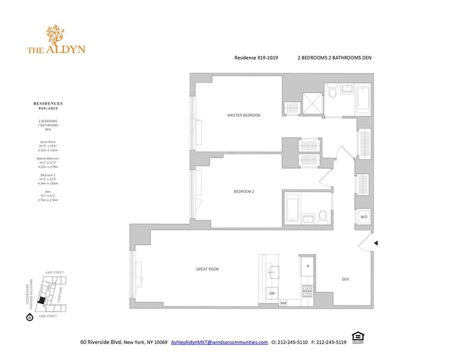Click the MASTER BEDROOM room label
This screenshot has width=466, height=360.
tap(244, 115)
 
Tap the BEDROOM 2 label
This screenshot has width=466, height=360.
tap(244, 192)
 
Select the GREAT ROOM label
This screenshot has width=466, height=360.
tap(207, 269)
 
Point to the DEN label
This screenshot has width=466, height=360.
tap(345, 279)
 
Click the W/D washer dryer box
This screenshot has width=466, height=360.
tap(364, 217)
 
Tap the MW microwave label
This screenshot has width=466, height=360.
tap(283, 303)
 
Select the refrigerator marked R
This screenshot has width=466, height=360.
tap(308, 266)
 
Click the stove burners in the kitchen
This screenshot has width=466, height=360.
tap(307, 291)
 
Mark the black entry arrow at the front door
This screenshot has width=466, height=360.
tap(376, 243)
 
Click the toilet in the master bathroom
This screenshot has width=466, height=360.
tap(332, 91)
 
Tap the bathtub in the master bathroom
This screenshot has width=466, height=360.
tap(363, 99)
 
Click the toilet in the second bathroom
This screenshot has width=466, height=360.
tap(323, 216)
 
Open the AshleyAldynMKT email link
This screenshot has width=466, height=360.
tap(219, 343)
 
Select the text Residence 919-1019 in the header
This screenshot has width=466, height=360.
tap(256, 58)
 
